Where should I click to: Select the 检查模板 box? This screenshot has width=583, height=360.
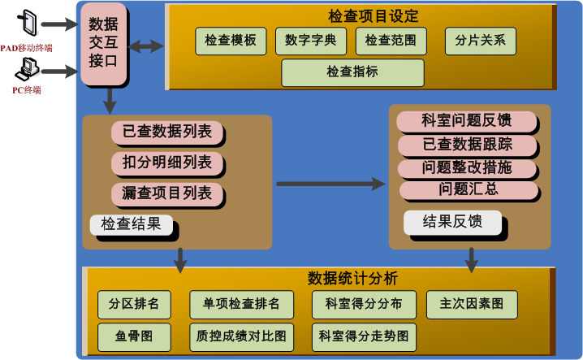(x=231, y=41)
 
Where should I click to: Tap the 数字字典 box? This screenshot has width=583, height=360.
(x=311, y=41)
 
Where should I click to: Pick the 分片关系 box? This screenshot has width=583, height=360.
(x=480, y=41)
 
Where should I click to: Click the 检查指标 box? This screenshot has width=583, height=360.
(x=352, y=72)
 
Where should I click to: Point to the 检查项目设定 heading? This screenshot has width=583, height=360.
(x=362, y=15)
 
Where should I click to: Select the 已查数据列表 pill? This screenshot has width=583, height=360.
(x=167, y=131)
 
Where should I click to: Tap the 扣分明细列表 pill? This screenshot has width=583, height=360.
(x=167, y=162)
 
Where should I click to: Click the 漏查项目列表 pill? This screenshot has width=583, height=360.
(x=167, y=193)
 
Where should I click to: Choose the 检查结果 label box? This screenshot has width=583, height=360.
(x=132, y=223)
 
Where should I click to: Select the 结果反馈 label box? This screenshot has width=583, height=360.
(x=452, y=221)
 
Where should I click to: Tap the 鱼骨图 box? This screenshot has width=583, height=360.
(x=133, y=335)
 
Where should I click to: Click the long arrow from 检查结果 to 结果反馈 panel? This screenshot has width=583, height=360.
(x=330, y=184)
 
